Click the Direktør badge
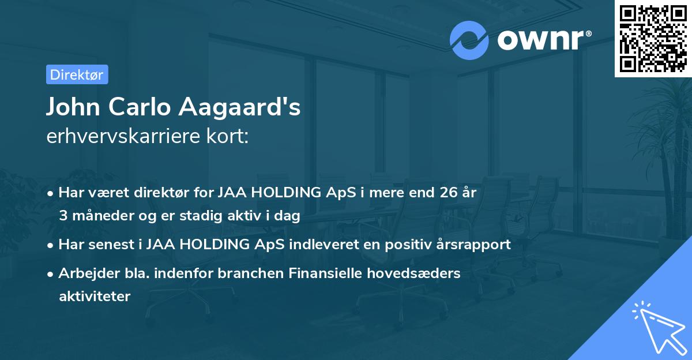[x=77, y=74]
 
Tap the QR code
[x=653, y=38]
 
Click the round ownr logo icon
[x=469, y=40]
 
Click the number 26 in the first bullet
[x=446, y=193]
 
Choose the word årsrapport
[x=480, y=245]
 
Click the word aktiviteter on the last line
[x=95, y=297]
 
